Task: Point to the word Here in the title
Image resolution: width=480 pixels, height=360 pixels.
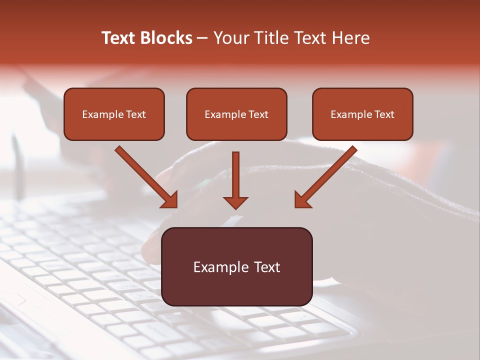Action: click(x=352, y=38)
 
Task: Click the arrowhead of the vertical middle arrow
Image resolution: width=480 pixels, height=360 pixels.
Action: click(x=235, y=202)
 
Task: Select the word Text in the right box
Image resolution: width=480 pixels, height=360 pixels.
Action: click(x=384, y=114)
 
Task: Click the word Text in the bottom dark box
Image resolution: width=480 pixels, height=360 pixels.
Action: click(x=266, y=267)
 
